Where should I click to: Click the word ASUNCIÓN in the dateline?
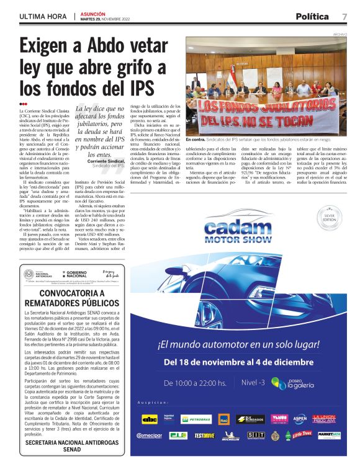[94, 13]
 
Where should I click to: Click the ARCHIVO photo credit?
[340, 34]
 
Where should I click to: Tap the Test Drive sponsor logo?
[204, 435]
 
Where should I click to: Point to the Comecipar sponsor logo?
[149, 435]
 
